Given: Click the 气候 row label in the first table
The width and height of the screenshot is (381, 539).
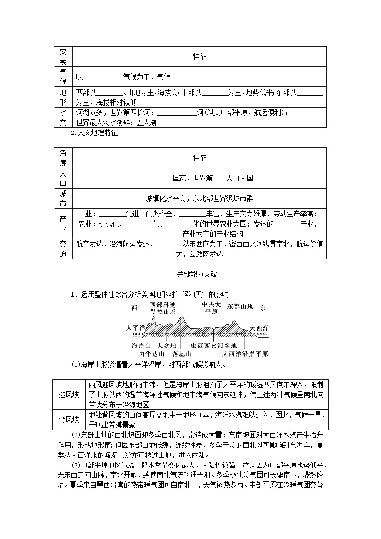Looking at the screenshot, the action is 63,76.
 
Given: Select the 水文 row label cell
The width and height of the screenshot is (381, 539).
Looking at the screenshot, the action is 63,117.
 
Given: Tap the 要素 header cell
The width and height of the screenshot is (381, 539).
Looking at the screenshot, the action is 63,56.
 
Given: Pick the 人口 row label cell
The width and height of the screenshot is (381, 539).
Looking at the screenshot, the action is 63,178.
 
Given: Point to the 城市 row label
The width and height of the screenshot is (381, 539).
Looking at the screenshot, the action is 63,198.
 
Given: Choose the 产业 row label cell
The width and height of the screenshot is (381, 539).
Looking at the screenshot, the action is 63,223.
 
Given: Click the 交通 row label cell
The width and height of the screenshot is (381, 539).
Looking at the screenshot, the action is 63,249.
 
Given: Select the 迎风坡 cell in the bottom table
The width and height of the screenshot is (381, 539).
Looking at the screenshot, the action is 69,394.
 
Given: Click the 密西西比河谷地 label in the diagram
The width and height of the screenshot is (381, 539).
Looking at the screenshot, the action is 214,346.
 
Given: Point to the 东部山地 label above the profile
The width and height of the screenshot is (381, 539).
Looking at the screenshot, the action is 240,306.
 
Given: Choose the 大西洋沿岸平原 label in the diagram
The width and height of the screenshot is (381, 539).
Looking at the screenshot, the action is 245,354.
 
